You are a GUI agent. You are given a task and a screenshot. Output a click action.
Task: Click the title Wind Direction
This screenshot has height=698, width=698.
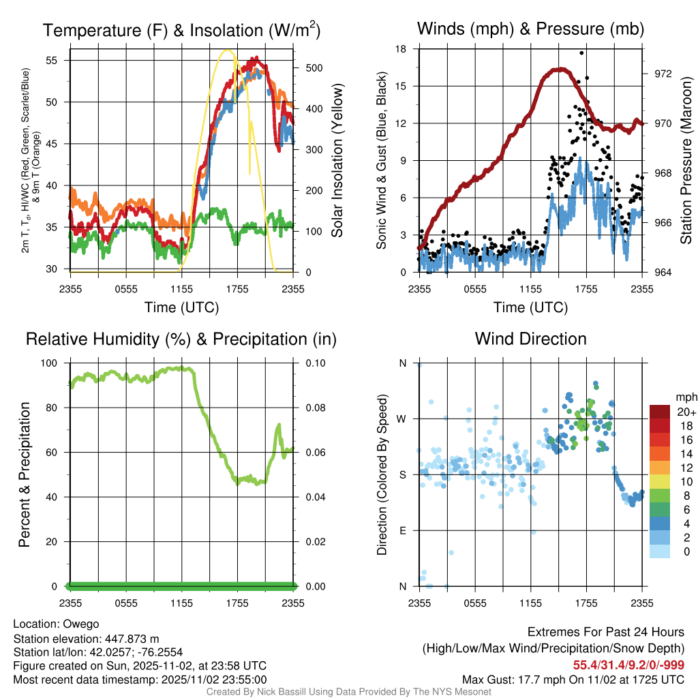(530, 339)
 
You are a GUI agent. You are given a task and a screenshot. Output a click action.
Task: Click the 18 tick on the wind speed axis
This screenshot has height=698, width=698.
(401, 49)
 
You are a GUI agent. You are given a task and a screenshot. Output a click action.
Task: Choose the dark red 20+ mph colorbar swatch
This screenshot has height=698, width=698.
(661, 412)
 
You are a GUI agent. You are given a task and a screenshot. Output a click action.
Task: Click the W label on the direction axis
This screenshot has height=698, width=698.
(403, 419)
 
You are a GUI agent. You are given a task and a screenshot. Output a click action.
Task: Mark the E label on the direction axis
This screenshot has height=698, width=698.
(403, 530)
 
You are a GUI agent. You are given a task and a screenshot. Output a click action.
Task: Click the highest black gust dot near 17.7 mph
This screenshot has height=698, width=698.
(581, 52)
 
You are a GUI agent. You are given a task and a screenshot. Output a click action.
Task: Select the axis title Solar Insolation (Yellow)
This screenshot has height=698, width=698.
(337, 161)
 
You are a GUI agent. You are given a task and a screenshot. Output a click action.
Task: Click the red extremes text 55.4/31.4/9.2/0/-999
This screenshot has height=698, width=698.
(628, 665)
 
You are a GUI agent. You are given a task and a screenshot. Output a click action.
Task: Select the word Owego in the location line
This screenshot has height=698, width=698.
(81, 624)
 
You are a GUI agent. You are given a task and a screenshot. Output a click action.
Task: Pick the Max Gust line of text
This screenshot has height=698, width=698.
(573, 679)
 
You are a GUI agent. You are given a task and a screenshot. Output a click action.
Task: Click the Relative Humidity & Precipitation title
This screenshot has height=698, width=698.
(181, 339)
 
